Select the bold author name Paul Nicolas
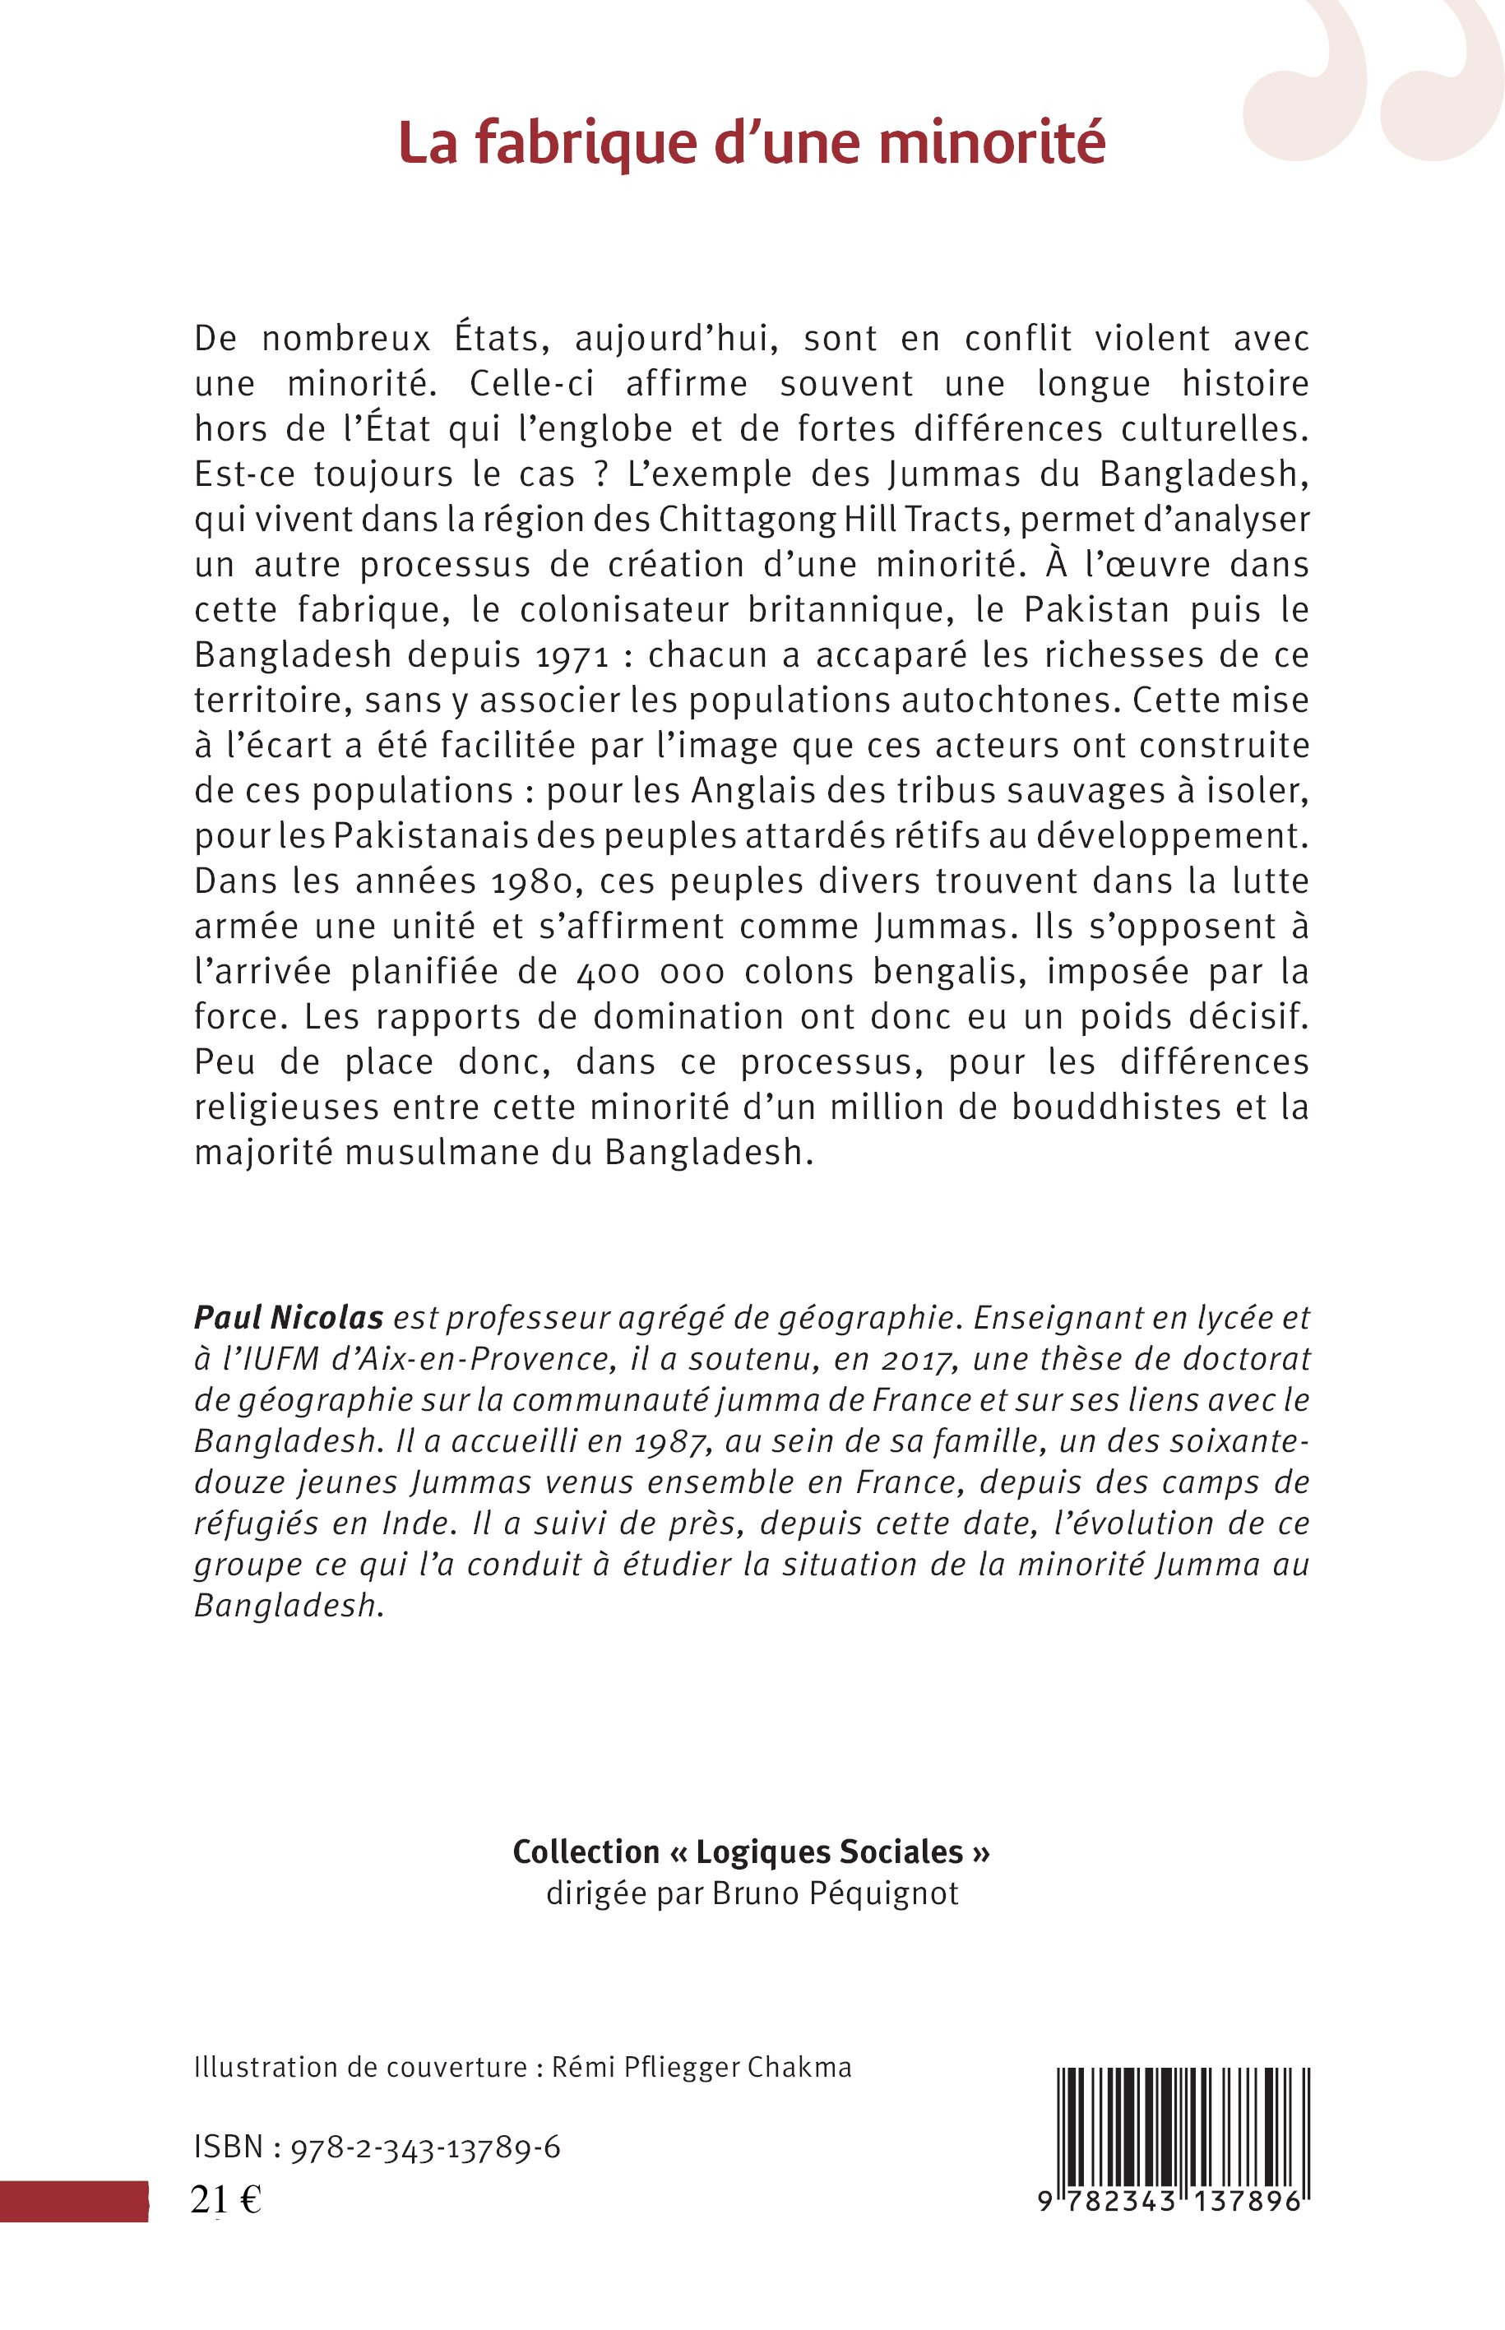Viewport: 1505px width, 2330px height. [289, 1318]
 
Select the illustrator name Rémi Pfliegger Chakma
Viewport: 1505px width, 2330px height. [702, 2067]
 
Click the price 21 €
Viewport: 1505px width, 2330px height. [225, 2196]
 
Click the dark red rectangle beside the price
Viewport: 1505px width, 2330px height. [73, 2199]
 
